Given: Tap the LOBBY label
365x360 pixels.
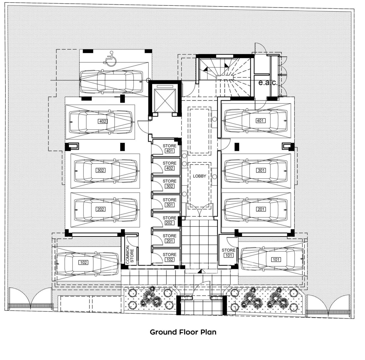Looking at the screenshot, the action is tap(199, 176).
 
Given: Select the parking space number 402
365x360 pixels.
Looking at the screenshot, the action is tap(103, 121).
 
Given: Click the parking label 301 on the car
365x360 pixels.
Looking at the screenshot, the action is tap(261, 170).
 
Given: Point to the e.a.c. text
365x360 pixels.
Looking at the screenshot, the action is tap(268, 83).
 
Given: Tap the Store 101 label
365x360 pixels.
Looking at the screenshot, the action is tap(228, 253).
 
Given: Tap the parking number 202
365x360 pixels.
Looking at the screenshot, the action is tap(101, 209).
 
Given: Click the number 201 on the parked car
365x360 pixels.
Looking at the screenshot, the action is tap(261, 209).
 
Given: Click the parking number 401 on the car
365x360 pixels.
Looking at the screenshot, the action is tap(260, 121).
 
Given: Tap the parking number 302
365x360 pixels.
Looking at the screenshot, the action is tap(101, 170).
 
